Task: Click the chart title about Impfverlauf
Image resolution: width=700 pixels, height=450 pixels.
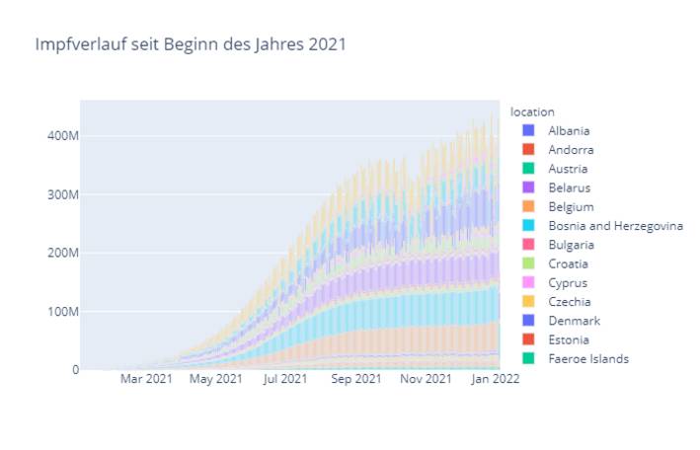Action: (x=191, y=44)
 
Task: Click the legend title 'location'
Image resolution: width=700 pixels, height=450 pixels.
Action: (x=532, y=112)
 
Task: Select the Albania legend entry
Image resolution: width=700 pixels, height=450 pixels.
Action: (x=571, y=130)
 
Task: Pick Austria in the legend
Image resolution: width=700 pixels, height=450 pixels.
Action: (x=569, y=169)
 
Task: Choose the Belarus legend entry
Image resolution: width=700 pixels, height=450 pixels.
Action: (x=570, y=187)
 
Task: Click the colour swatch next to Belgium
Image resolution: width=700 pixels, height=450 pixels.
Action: (x=528, y=207)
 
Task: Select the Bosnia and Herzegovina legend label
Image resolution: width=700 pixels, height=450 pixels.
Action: (x=615, y=226)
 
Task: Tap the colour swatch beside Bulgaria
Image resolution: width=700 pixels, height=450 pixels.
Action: (x=528, y=245)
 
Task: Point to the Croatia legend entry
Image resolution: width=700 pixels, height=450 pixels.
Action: (x=568, y=264)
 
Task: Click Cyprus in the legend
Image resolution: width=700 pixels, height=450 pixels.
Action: (x=568, y=283)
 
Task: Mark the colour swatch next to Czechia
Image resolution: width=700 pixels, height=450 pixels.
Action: (x=528, y=302)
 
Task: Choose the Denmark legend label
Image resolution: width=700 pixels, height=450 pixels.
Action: (x=572, y=321)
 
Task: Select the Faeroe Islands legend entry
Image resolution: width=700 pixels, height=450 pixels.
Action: (x=587, y=359)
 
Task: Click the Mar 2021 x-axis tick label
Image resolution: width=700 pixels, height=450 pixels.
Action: (x=146, y=379)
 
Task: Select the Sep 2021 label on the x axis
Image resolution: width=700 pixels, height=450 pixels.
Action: (x=355, y=379)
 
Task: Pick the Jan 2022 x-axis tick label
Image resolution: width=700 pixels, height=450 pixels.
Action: (x=496, y=379)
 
